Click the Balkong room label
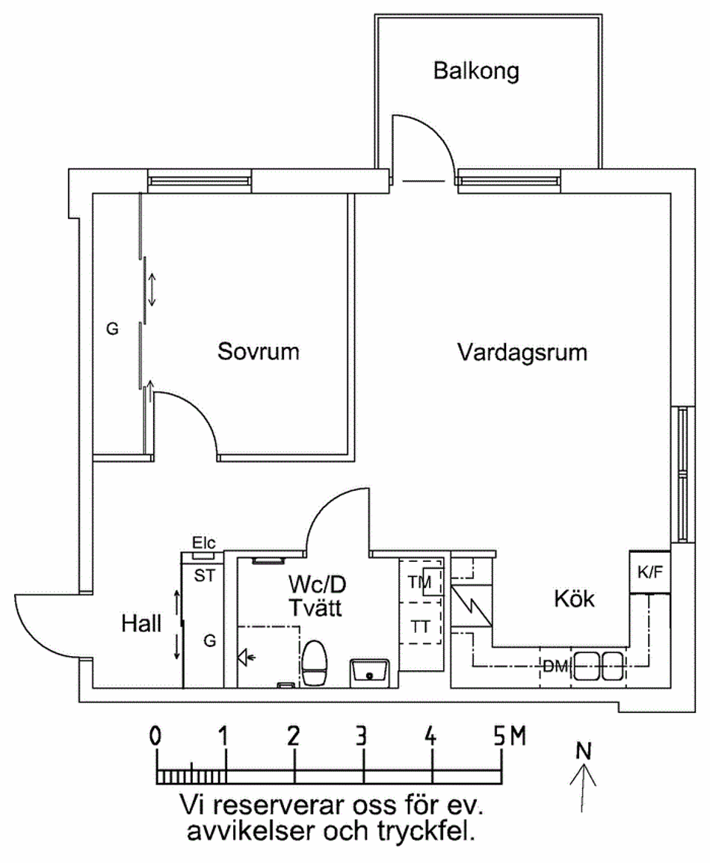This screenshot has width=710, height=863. (476, 71)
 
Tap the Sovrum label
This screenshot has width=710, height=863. (258, 351)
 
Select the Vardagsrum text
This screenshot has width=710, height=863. (522, 353)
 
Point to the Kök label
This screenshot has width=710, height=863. (574, 598)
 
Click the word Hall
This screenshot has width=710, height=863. (141, 624)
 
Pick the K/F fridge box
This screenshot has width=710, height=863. (650, 572)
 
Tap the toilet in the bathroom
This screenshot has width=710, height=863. (315, 664)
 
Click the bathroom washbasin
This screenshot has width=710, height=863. (370, 673)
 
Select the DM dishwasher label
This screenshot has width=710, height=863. (555, 666)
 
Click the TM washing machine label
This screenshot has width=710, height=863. (419, 582)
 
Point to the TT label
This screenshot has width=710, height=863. (419, 626)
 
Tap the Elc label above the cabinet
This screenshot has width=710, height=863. (203, 542)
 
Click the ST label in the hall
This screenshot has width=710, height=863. (205, 575)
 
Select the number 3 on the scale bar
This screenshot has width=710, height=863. (361, 736)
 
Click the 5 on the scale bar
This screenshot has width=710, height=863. (498, 736)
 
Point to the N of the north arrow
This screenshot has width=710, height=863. (583, 751)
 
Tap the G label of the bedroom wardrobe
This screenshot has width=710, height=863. (112, 329)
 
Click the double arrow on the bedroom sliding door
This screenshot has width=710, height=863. (152, 290)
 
